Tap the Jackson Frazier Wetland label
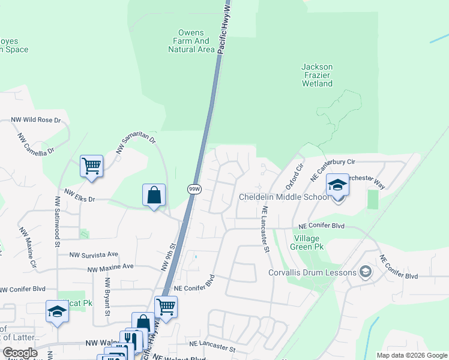click(317, 75)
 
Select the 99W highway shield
click(193, 188)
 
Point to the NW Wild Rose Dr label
click(36, 120)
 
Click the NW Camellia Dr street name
click(35, 143)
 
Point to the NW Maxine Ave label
click(110, 267)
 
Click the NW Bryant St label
click(107, 296)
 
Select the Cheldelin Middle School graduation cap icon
click(338, 185)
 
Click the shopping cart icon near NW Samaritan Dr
click(91, 166)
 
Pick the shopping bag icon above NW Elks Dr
click(154, 195)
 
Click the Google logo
click(20, 353)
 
